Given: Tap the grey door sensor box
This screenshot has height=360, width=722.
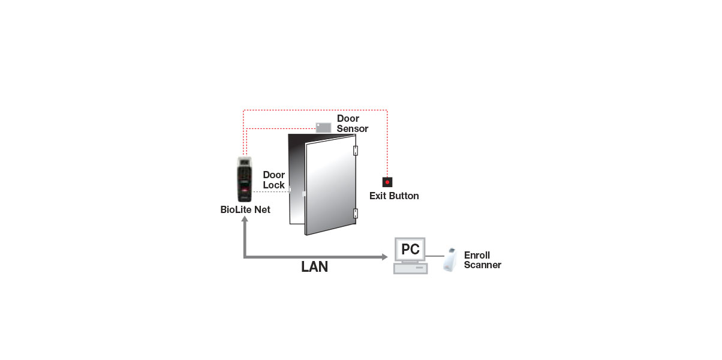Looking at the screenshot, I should pos(323,127).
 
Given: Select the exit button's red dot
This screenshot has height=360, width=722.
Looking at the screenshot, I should pos(387,182).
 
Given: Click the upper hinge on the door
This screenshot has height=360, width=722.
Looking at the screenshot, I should pos(356,151).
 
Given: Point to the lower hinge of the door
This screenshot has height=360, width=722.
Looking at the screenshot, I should pos(356,213).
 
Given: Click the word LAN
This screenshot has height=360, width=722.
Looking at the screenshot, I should pos(314,267).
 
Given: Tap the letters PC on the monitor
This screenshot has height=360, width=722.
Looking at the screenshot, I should pos(410,248).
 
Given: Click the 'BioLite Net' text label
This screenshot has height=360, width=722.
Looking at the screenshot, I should pos(245,210).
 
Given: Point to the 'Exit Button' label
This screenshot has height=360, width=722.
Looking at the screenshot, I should pos(394,196).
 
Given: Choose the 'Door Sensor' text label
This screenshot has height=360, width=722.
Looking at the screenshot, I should pos(352,124).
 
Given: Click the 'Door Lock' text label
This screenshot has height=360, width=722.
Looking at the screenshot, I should pos(274,180).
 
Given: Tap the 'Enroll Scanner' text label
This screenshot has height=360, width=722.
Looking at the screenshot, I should pos(482,260).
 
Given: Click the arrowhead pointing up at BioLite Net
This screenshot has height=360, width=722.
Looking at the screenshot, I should pos(245,221).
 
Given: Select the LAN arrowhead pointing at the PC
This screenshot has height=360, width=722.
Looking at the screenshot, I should pos(384,257).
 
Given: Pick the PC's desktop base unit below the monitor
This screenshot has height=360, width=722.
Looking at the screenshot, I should pos(410,269).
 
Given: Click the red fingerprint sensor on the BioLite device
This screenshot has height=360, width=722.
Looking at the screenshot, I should pos(246,190).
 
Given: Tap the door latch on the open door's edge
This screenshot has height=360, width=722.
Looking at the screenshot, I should pos(305,194).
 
